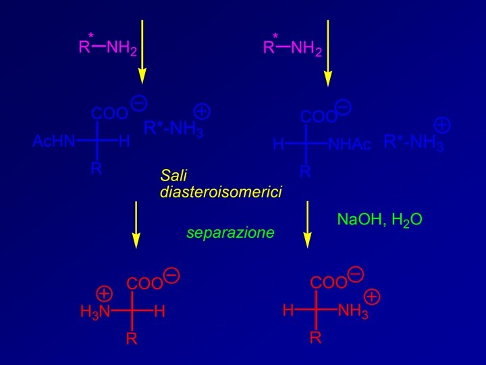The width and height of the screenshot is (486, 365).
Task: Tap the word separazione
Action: [230, 233]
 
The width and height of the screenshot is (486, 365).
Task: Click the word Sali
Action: [173, 175]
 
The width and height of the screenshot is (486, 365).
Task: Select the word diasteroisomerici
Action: [221, 191]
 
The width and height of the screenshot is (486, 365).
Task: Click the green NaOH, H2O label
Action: [380, 220]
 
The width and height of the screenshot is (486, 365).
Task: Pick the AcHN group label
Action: [54, 142]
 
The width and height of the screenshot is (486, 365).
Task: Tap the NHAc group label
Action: [350, 145]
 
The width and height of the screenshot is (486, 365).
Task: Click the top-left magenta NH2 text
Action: [122, 48]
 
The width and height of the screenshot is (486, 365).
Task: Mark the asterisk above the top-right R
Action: [275, 36]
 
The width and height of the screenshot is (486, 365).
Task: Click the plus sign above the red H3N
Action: [104, 293]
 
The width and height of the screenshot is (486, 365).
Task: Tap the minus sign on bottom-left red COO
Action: [171, 275]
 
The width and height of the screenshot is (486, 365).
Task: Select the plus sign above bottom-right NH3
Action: [372, 296]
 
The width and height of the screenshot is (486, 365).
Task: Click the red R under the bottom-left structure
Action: [132, 339]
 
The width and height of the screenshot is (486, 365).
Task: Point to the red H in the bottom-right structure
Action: [288, 311]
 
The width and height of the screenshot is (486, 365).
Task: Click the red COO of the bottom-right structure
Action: [327, 283]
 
